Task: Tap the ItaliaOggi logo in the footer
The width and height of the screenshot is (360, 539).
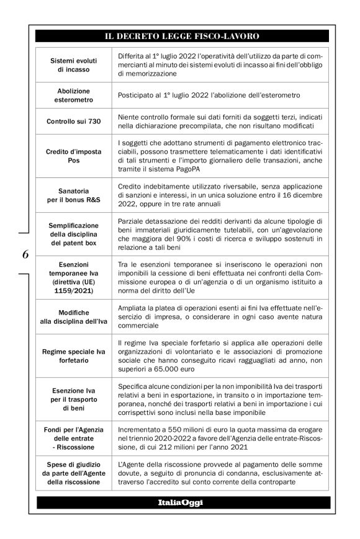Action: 180,501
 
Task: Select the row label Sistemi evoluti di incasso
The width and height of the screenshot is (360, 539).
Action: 73,65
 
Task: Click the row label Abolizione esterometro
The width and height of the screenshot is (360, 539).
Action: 73,96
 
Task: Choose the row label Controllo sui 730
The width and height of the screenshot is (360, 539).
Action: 73,122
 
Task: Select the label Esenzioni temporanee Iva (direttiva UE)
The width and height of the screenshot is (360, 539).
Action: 73,277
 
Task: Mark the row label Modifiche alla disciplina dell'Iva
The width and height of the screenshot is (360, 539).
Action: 73,316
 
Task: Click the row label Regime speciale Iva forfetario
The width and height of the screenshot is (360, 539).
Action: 73,356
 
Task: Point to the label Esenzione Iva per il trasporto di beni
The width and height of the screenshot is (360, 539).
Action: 73,399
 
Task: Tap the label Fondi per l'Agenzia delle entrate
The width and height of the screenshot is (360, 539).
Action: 73,439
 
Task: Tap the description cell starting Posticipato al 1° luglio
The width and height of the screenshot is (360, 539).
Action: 209,96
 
